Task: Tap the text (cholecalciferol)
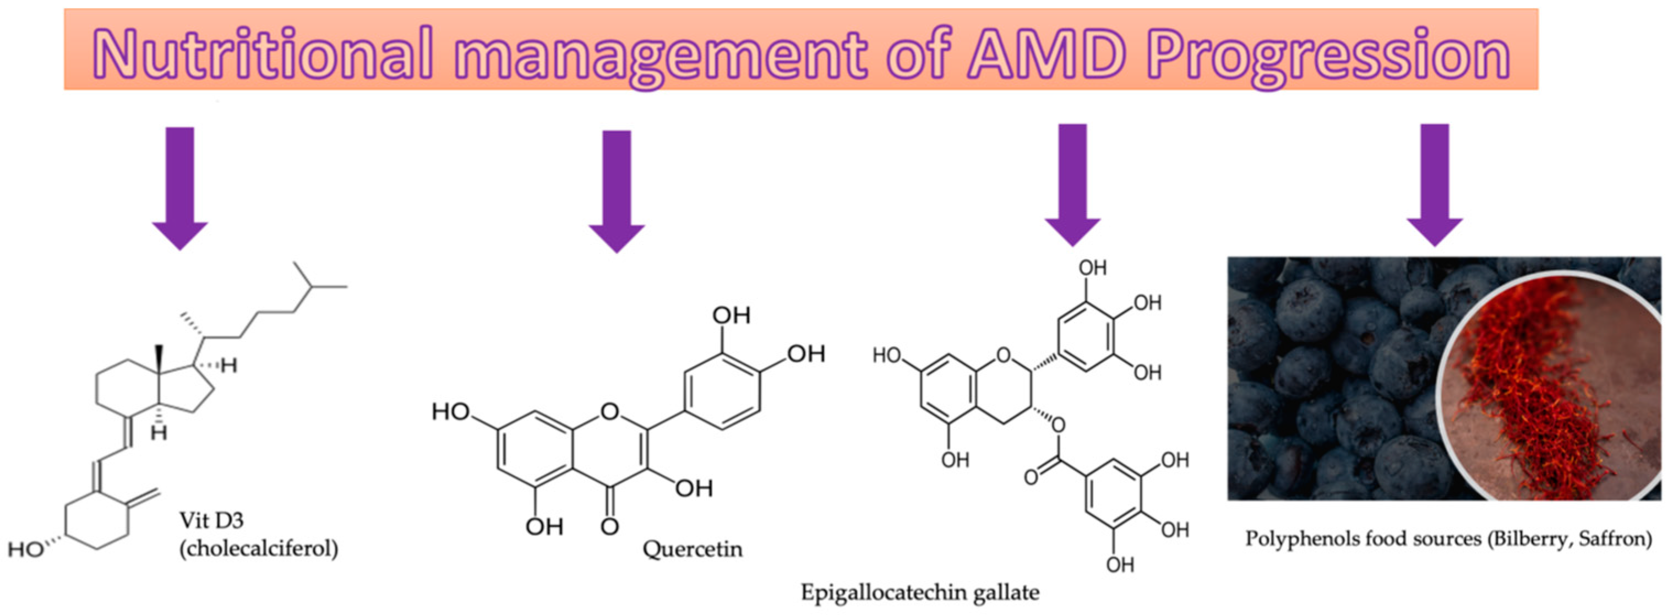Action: pos(259,549)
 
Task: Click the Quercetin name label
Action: pos(693,549)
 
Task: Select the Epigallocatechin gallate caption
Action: pos(920,592)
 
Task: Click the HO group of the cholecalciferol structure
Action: pos(26,549)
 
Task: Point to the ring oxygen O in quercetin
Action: pos(610,411)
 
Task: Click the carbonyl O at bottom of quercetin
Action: pos(609,525)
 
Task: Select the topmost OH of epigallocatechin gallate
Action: pos(1092,268)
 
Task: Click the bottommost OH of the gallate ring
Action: pos(1120,564)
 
